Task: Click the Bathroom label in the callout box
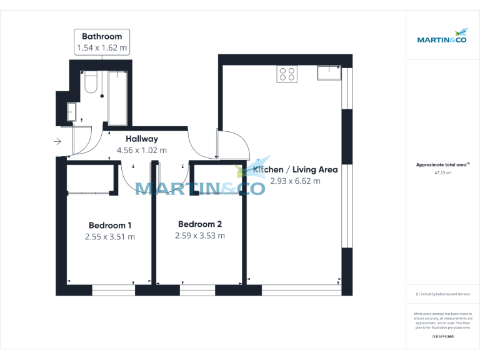point(101,36)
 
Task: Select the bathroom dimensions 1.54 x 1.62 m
point(101,47)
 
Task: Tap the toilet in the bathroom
point(91,84)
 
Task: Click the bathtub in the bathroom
point(117,98)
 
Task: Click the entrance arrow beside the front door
point(57,142)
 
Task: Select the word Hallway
point(142,139)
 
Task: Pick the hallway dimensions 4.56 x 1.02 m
point(142,150)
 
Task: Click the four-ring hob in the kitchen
point(287,74)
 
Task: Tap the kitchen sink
point(329,73)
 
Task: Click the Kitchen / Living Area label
point(296,169)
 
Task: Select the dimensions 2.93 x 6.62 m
point(295,181)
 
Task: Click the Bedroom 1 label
point(110,225)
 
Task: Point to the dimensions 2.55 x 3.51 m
point(110,237)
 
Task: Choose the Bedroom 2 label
point(200,224)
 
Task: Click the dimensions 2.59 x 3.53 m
point(200,236)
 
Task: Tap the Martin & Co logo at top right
point(442,36)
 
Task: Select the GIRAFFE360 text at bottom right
point(442,337)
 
